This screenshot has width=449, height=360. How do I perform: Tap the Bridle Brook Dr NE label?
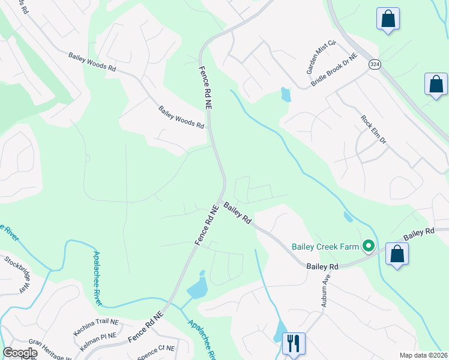[334, 71]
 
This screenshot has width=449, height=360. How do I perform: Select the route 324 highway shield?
[375, 64]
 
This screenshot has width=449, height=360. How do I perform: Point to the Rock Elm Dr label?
[373, 130]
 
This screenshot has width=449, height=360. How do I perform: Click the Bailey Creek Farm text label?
[324, 247]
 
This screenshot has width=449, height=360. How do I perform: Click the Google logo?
[19, 353]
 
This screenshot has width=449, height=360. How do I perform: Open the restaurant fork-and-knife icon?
[294, 344]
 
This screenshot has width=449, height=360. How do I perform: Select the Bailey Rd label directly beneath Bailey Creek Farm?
[322, 266]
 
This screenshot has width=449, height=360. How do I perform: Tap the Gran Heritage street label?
[50, 351]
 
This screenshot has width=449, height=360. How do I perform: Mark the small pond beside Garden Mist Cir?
[285, 94]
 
